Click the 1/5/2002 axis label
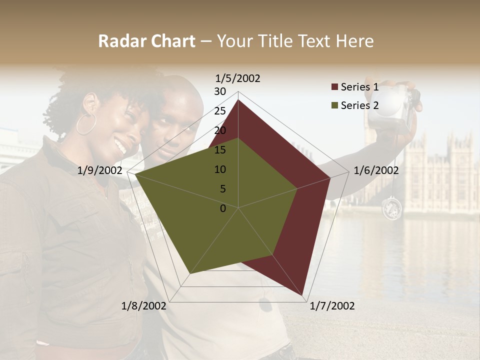pos(238,78)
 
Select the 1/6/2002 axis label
pos(376,170)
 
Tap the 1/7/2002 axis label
pos(332,306)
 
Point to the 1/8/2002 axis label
pos(144,306)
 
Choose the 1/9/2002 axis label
pos(100,170)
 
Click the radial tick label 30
pos(220,91)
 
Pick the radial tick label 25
pos(220,111)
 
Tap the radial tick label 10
pos(220,169)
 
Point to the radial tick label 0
pos(223,208)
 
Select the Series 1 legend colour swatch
pos(334,87)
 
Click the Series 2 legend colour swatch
pos(334,105)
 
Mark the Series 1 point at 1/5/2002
pos(238,100)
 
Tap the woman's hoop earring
pos(86,123)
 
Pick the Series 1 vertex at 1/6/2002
pos(330,177)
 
